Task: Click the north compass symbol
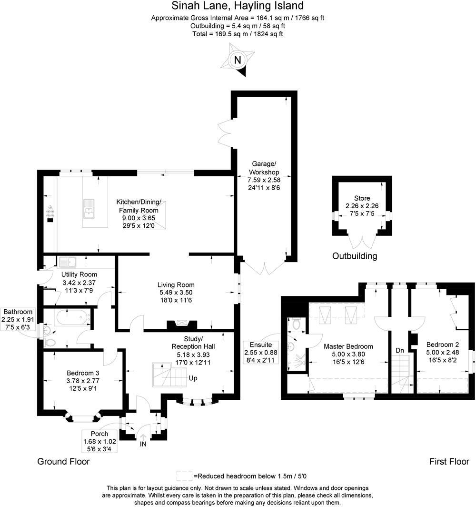[x=237, y=60]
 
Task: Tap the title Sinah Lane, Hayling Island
[x=238, y=6]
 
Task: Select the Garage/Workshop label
[x=263, y=168]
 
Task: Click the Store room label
[x=362, y=198]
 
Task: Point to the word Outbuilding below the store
[x=355, y=256]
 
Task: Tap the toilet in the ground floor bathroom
[x=50, y=343]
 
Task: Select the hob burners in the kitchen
[x=50, y=212]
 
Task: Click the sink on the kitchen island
[x=89, y=209]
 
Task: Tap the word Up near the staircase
[x=193, y=379]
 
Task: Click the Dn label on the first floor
[x=400, y=350]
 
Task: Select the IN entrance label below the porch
[x=143, y=444]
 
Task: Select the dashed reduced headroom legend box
[x=184, y=476]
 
